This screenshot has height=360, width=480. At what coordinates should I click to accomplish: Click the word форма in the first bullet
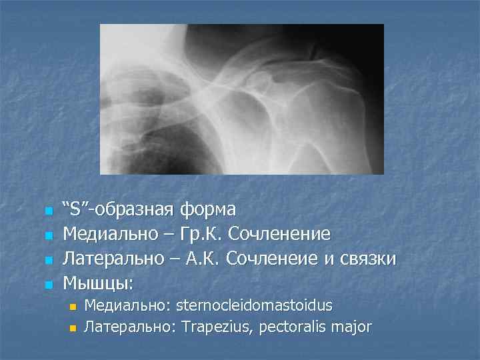click(x=207, y=210)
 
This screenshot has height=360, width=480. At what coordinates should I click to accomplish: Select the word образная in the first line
click(x=136, y=210)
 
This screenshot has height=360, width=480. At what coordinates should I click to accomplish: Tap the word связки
click(x=371, y=259)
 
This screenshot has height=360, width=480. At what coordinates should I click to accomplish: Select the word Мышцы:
click(x=98, y=283)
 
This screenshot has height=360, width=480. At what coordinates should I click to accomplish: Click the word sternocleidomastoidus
click(x=254, y=305)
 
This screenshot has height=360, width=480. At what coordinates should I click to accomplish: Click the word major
click(x=351, y=327)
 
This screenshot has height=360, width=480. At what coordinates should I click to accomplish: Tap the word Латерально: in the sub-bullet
click(x=126, y=327)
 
